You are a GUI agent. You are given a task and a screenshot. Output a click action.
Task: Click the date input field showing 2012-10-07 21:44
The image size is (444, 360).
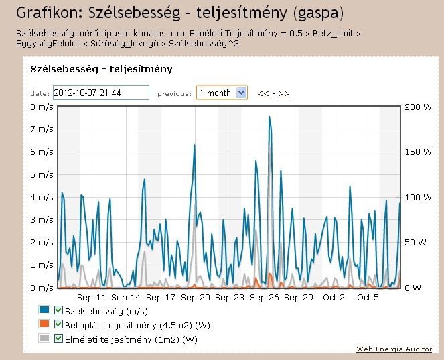pyautogui.click(x=100, y=93)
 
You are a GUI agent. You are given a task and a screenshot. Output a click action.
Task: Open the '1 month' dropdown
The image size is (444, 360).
pyautogui.click(x=222, y=93)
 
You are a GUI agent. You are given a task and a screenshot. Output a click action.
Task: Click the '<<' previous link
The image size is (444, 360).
pyautogui.click(x=263, y=93)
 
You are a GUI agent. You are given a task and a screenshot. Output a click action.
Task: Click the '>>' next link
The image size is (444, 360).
pyautogui.click(x=284, y=93)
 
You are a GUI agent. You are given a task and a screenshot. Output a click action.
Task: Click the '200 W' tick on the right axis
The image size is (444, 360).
pyautogui.click(x=419, y=107)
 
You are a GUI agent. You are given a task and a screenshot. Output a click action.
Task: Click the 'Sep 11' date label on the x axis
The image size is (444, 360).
pyautogui.click(x=92, y=298)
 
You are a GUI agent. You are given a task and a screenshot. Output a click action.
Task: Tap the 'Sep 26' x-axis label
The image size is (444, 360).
pyautogui.click(x=265, y=298)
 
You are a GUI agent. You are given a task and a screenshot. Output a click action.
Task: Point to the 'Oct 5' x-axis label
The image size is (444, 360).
pyautogui.click(x=368, y=298)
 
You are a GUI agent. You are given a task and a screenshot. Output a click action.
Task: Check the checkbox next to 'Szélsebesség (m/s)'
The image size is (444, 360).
pyautogui.click(x=58, y=310)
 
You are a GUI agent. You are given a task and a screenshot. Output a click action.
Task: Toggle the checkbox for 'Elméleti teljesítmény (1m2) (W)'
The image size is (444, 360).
pyautogui.click(x=58, y=339)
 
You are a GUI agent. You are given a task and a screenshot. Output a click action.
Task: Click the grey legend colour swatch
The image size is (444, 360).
pyautogui.click(x=45, y=339)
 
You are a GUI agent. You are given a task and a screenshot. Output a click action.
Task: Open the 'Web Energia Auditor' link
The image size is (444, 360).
pyautogui.click(x=394, y=349)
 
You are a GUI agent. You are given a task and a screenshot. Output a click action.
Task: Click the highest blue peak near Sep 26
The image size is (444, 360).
pyautogui.click(x=269, y=117)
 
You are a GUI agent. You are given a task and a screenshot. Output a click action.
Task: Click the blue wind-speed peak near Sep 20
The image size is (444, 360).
pyautogui.click(x=194, y=145)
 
